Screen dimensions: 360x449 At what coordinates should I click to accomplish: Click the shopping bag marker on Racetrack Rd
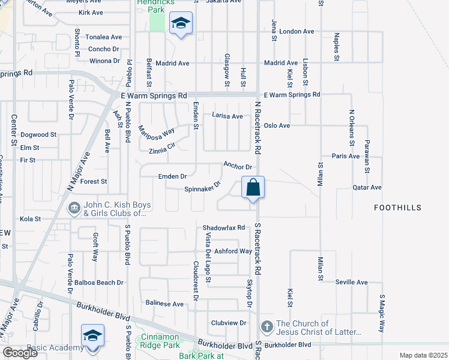[x=253, y=187]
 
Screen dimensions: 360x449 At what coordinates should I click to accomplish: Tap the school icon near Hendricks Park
[x=181, y=24]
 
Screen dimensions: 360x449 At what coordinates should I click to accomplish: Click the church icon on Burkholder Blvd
[x=267, y=327]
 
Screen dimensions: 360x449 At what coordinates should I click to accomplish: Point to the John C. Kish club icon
[x=74, y=208]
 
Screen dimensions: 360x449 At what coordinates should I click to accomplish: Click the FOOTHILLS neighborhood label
[x=397, y=208]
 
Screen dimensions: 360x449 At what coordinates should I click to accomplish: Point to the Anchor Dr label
[x=237, y=165]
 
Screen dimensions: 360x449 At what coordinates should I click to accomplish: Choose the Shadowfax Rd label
[x=224, y=228]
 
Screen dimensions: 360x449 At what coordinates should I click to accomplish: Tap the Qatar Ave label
[x=367, y=187]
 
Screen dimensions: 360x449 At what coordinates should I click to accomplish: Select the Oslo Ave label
[x=277, y=125]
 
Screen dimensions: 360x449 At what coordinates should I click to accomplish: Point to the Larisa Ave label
[x=227, y=116]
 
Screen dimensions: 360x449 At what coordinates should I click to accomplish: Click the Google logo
[x=20, y=353]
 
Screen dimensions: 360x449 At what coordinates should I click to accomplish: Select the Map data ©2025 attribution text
[x=423, y=355]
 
